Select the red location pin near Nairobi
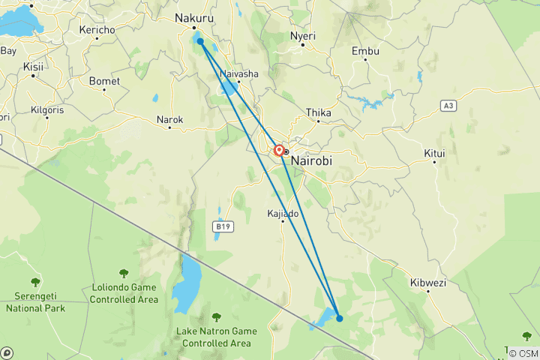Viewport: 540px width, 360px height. (x=279, y=151)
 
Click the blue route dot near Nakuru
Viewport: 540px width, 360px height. (x=200, y=41)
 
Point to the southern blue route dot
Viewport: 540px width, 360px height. (x=340, y=318)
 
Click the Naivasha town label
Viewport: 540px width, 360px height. (x=239, y=74)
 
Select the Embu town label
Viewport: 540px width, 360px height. (x=366, y=51)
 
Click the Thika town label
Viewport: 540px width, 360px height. (x=318, y=112)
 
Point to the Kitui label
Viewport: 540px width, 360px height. (x=434, y=153)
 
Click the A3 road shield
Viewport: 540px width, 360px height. (x=448, y=106)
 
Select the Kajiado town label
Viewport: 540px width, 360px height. (x=283, y=214)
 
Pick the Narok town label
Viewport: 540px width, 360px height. (x=169, y=119)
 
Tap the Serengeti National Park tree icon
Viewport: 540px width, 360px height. (x=35, y=282)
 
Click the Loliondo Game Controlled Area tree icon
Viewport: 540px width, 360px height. (x=123, y=274)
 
